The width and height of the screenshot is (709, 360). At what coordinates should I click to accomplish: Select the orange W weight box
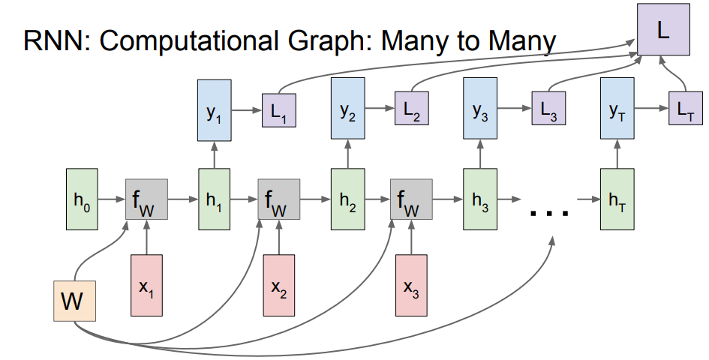(74, 301)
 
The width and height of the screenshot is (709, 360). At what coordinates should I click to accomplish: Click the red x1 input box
(146, 286)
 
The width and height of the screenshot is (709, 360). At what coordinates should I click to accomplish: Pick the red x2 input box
(278, 286)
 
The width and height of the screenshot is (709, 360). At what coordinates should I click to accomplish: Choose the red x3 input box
(411, 286)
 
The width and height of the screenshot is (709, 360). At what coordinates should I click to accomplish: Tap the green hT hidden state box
(617, 199)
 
